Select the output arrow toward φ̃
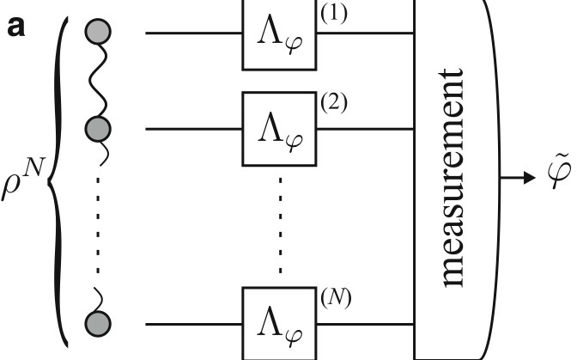516,180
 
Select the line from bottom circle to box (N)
194,325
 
